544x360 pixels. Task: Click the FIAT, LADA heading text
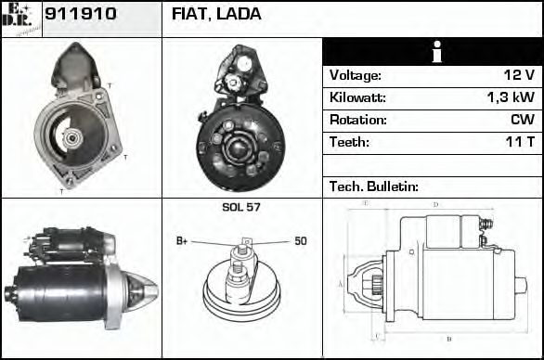[x=216, y=14]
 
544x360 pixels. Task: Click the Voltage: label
[x=355, y=75]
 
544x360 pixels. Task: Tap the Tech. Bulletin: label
[x=374, y=186]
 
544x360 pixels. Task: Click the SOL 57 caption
[x=241, y=207]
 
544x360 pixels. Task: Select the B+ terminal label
[x=182, y=241]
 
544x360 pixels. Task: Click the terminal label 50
[x=300, y=241]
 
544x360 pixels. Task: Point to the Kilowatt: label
[x=357, y=97]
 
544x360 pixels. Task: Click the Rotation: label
[x=357, y=120]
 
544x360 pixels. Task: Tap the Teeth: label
[x=349, y=142]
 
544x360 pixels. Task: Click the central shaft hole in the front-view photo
[x=71, y=140]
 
